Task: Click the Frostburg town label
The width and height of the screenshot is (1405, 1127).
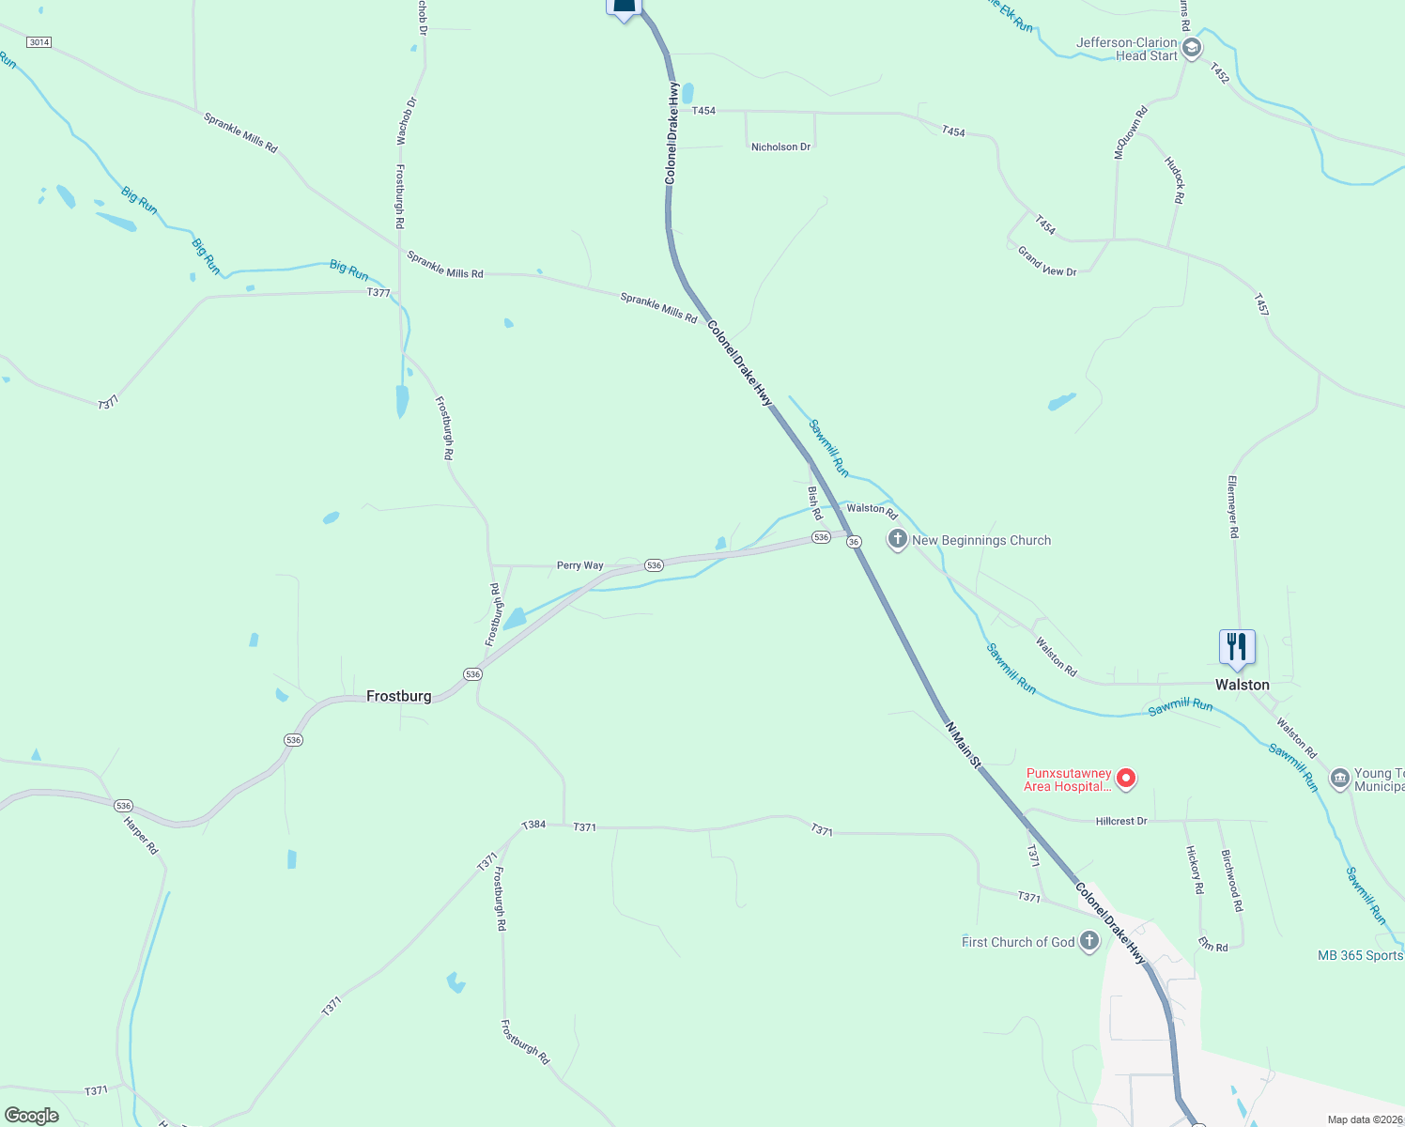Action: click(398, 696)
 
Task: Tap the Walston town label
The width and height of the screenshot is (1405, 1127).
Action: click(1242, 685)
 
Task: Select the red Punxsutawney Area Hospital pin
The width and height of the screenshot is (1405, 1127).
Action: click(1127, 779)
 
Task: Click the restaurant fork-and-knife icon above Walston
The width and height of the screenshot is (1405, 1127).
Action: click(1237, 647)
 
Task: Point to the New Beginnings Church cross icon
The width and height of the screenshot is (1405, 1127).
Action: click(898, 539)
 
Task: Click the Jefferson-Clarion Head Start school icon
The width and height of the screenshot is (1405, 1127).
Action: click(1192, 48)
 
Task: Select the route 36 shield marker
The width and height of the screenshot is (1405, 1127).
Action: click(854, 542)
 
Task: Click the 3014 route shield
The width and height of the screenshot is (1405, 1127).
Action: click(39, 42)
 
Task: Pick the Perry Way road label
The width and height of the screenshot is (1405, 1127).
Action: click(579, 565)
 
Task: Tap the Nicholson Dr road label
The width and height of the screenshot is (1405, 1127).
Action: click(780, 147)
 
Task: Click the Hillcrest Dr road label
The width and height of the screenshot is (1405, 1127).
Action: click(1121, 821)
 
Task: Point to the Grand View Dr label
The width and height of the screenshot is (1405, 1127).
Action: click(1047, 261)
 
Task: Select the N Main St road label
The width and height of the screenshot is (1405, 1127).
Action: click(963, 746)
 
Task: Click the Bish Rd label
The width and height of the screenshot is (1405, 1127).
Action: click(814, 502)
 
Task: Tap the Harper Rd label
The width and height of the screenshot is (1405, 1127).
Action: click(141, 835)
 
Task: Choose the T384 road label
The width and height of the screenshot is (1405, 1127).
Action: click(533, 825)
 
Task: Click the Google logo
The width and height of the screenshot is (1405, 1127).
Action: click(32, 1116)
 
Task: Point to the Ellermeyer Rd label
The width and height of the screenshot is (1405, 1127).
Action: click(1233, 506)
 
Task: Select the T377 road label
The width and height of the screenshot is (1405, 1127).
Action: click(378, 293)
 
